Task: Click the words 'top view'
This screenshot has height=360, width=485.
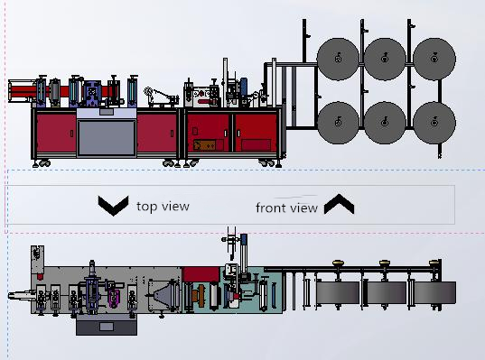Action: (x=163, y=206)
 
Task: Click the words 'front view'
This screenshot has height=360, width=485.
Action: (x=286, y=208)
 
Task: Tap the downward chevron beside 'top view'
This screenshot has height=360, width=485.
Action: (x=113, y=205)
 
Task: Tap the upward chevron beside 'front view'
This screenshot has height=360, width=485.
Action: (x=339, y=204)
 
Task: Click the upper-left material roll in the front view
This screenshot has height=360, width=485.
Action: (x=338, y=59)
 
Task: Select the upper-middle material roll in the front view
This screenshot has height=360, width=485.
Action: (x=385, y=59)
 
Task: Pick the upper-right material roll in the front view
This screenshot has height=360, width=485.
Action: (x=434, y=59)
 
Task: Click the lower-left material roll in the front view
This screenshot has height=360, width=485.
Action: (x=338, y=123)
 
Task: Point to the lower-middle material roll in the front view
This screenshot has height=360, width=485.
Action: (x=385, y=123)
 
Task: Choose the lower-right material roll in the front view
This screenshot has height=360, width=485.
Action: (x=434, y=123)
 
